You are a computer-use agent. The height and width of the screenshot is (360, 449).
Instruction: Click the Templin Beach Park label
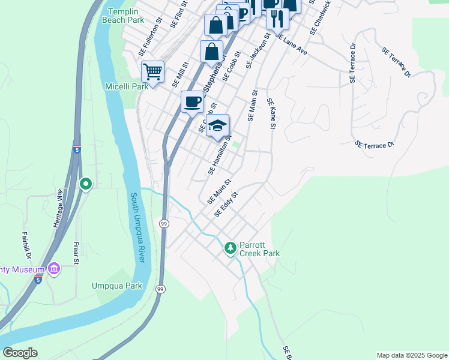coord(127,16)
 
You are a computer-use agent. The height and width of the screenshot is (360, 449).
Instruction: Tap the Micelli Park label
coord(127,86)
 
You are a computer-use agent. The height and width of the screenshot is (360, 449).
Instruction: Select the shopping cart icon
coord(153,71)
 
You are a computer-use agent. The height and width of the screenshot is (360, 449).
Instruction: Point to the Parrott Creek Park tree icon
coord(231,248)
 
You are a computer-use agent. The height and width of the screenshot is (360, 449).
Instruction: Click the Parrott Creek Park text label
coord(259,249)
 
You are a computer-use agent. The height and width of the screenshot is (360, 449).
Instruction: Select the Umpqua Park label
coord(117,286)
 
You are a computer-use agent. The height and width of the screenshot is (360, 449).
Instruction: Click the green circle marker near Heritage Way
coord(86,184)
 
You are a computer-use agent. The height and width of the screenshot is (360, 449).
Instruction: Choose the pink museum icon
coord(54,269)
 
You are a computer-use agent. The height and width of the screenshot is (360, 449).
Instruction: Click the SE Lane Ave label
coord(291,45)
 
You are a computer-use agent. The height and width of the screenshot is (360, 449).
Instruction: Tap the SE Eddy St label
coord(226,205)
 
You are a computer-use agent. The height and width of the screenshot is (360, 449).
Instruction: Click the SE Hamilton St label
coord(220,155)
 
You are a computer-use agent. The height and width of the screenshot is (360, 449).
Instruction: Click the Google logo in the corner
coord(20,353)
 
